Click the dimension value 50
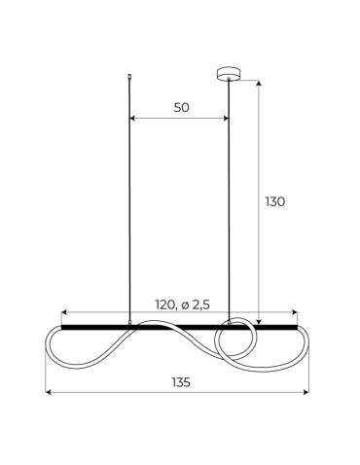coord(181,108)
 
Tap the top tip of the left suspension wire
coord(129,74)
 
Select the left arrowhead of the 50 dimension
coord(132,121)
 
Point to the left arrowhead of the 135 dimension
coord(50,393)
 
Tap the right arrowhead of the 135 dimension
coord(308,393)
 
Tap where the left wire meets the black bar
coord(129,324)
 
